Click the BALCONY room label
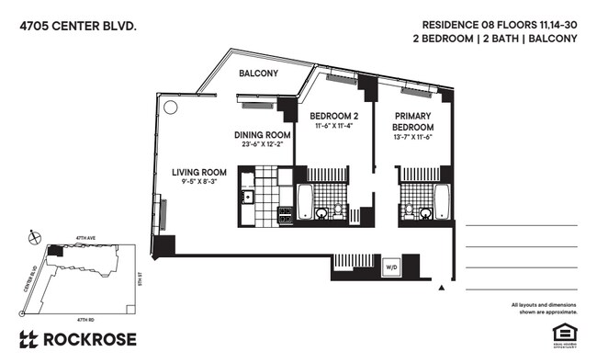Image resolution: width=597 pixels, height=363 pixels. (x=259, y=73)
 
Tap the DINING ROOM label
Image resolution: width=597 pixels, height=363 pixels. (x=263, y=134)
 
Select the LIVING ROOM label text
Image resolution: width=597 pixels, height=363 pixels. (x=199, y=172)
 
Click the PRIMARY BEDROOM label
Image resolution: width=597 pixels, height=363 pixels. (x=412, y=120)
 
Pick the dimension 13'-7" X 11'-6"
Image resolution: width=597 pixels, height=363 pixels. (x=412, y=137)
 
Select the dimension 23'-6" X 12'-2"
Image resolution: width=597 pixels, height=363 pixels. (x=263, y=144)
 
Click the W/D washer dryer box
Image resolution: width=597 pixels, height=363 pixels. (x=391, y=267)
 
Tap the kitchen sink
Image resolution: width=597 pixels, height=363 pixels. (x=246, y=196)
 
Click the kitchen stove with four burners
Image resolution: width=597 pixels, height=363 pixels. (x=285, y=215)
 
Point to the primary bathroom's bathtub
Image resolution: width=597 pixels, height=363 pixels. (x=441, y=199)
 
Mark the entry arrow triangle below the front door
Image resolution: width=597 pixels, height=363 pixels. (x=443, y=288)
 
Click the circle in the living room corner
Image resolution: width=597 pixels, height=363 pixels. (x=171, y=107)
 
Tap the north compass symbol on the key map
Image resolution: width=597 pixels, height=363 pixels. (x=35, y=236)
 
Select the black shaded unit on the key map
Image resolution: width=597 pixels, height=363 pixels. (x=57, y=250)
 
